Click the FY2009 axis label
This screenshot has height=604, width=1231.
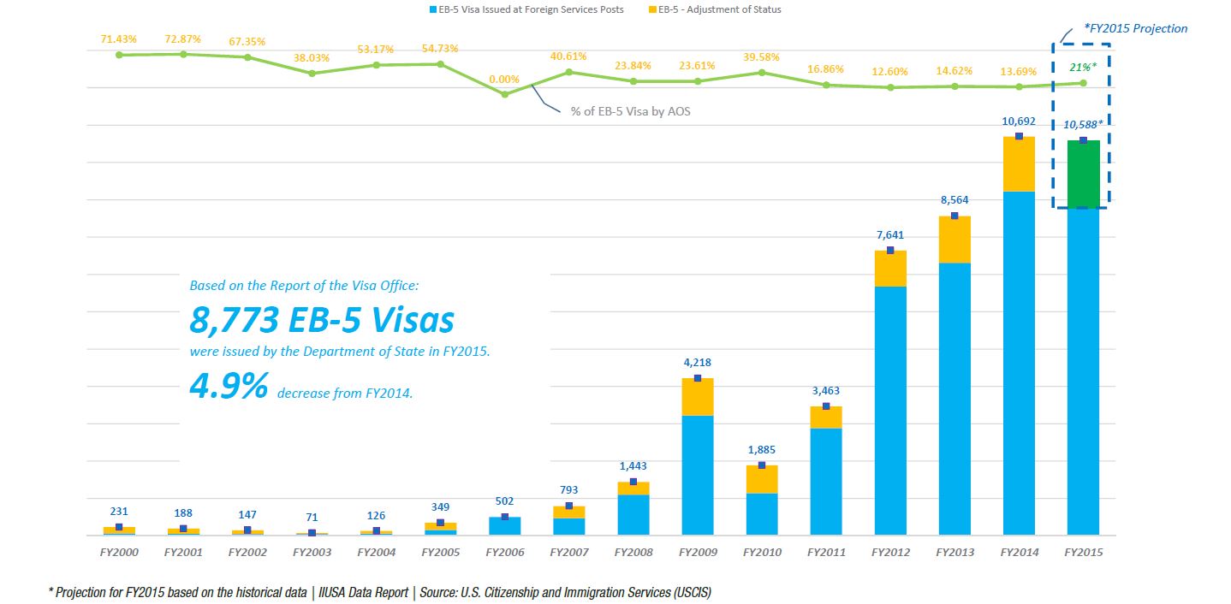[698, 552]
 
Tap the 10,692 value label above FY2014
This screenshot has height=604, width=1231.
[1019, 121]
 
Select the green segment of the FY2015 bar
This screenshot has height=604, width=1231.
[1083, 174]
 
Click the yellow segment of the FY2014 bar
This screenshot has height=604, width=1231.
[1019, 163]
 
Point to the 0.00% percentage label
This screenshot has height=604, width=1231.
[504, 79]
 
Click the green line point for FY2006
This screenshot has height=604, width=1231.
[505, 94]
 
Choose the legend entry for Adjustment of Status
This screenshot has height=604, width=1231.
[715, 9]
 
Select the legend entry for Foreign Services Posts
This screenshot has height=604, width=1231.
[526, 9]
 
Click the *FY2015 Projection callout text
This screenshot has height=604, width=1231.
[1135, 28]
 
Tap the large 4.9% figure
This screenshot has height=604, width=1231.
[229, 386]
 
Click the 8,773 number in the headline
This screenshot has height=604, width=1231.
[234, 320]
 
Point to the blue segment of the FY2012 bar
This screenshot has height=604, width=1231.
[890, 410]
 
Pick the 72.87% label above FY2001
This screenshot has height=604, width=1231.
[182, 39]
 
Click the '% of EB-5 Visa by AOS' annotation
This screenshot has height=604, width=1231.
[630, 111]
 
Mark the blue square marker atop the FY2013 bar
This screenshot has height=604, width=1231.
[954, 216]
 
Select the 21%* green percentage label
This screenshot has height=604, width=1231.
[1083, 67]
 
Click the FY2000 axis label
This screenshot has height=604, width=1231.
[119, 552]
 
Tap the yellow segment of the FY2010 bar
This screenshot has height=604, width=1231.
[762, 479]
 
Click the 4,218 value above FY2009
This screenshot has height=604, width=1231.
[698, 363]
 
